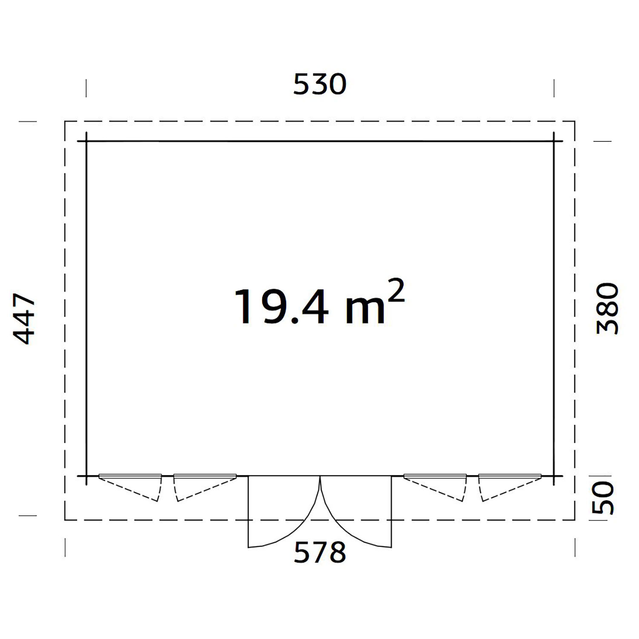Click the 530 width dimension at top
319,84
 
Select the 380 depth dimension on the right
607,309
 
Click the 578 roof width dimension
320,552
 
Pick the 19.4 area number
281,307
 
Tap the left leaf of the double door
284,511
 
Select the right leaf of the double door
356,511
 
